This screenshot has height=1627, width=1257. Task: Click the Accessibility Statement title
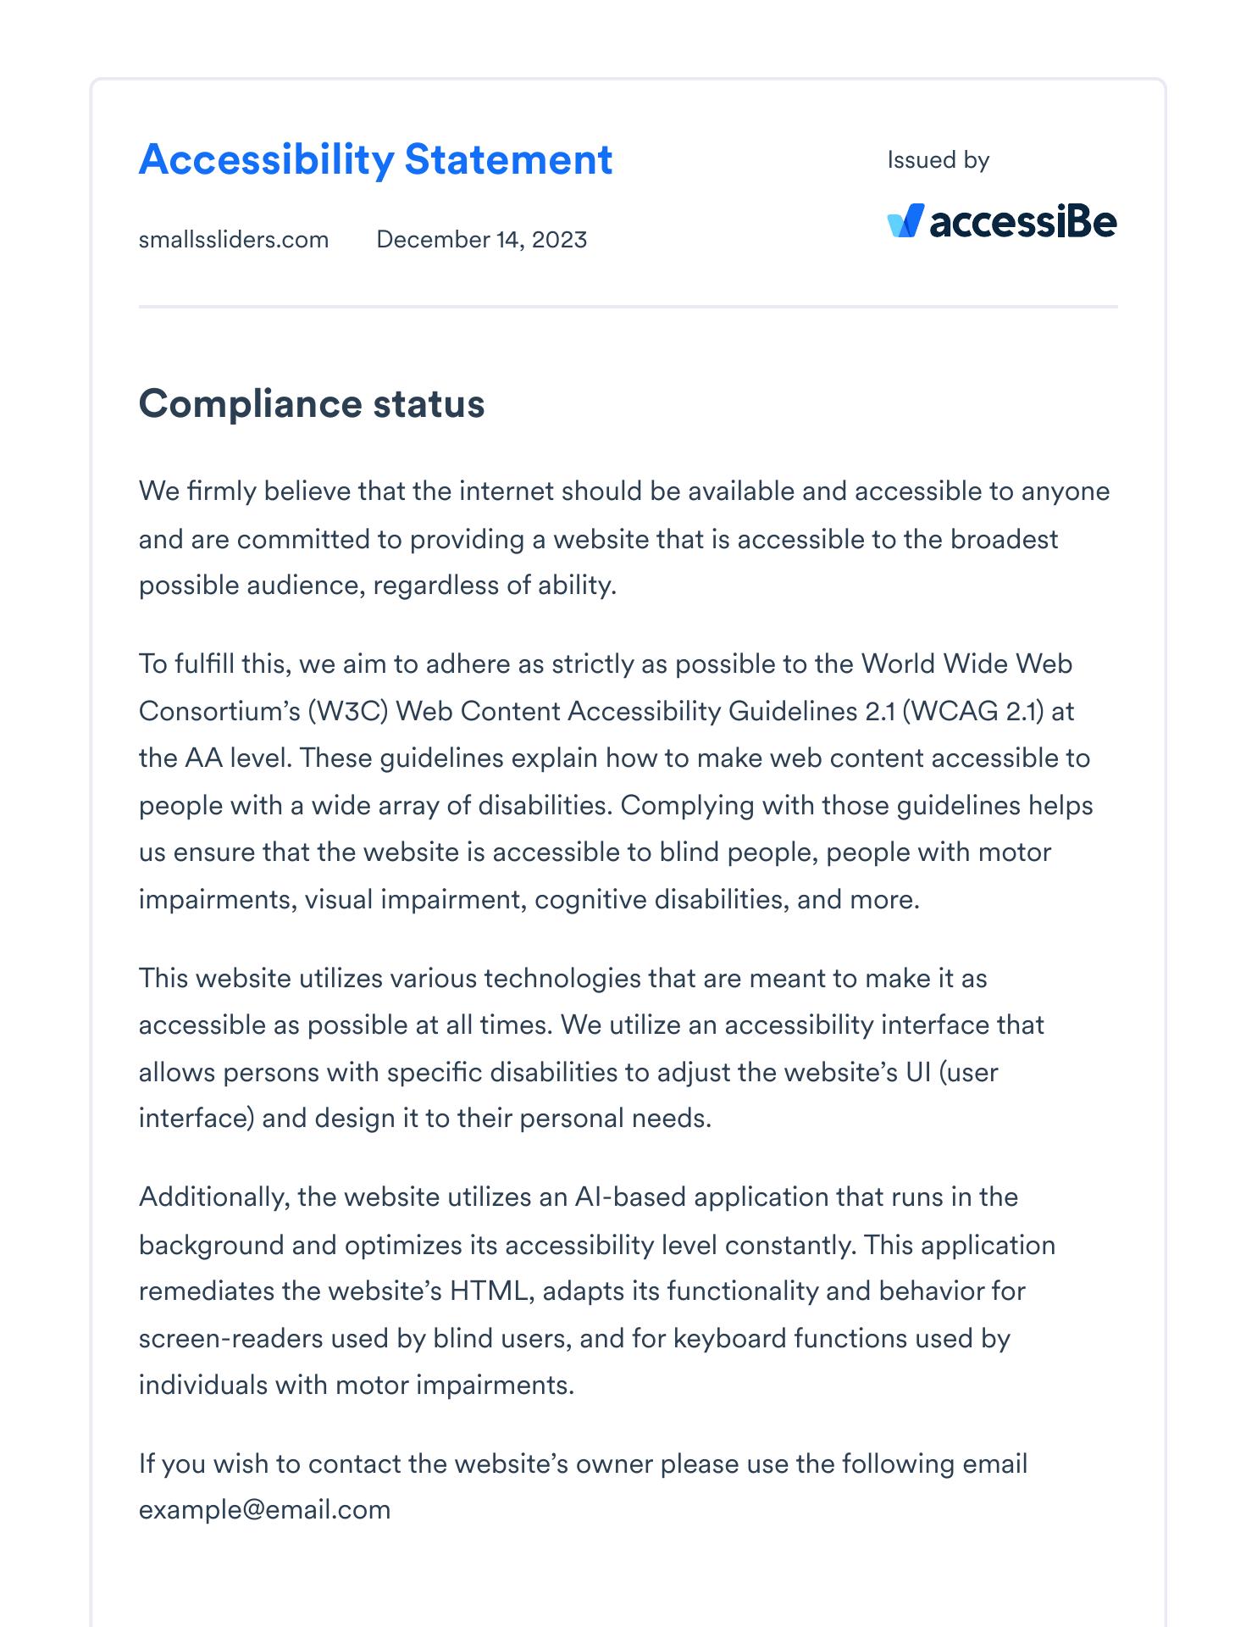click(375, 159)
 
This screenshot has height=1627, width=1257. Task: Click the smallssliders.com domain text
click(234, 240)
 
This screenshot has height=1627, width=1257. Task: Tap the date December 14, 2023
click(481, 240)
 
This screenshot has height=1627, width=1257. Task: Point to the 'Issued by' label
click(938, 160)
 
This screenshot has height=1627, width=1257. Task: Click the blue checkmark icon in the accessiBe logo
click(905, 221)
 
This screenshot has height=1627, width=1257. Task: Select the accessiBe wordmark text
click(1022, 222)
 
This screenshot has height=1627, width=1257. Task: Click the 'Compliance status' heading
click(312, 403)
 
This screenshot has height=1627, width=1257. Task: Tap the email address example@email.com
click(264, 1509)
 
